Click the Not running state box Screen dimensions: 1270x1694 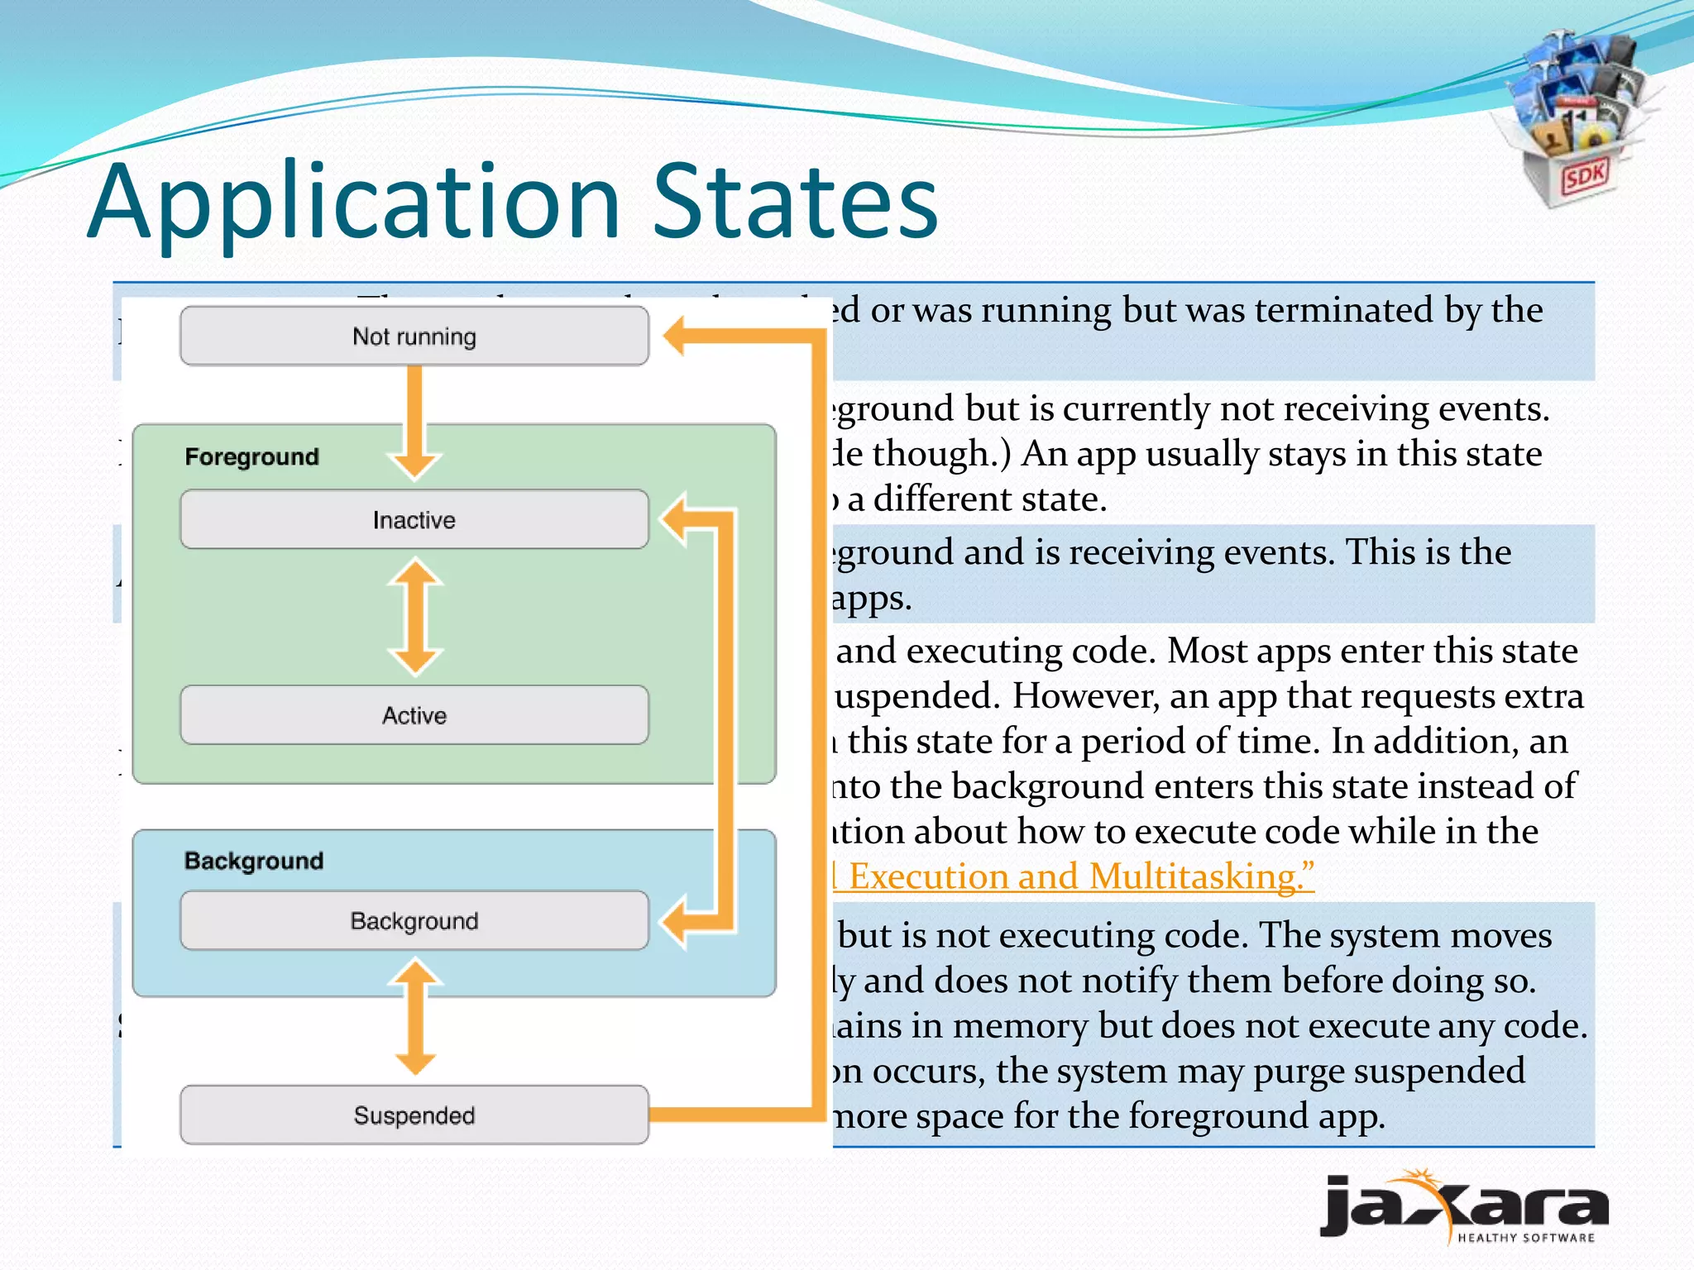[414, 337]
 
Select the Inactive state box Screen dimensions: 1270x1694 [414, 520]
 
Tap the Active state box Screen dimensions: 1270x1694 [414, 715]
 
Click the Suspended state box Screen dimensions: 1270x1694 [414, 1115]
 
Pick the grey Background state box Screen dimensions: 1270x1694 [414, 921]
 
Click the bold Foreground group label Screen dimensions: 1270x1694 [251, 456]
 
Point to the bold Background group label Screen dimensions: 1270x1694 [253, 861]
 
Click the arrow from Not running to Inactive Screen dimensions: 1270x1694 [414, 422]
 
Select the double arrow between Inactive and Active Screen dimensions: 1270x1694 [414, 617]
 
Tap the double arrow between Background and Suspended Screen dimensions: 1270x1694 [414, 1017]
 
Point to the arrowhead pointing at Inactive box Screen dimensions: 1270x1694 [675, 520]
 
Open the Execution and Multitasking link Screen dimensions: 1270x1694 [1075, 876]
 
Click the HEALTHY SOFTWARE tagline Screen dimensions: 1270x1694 [1525, 1238]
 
